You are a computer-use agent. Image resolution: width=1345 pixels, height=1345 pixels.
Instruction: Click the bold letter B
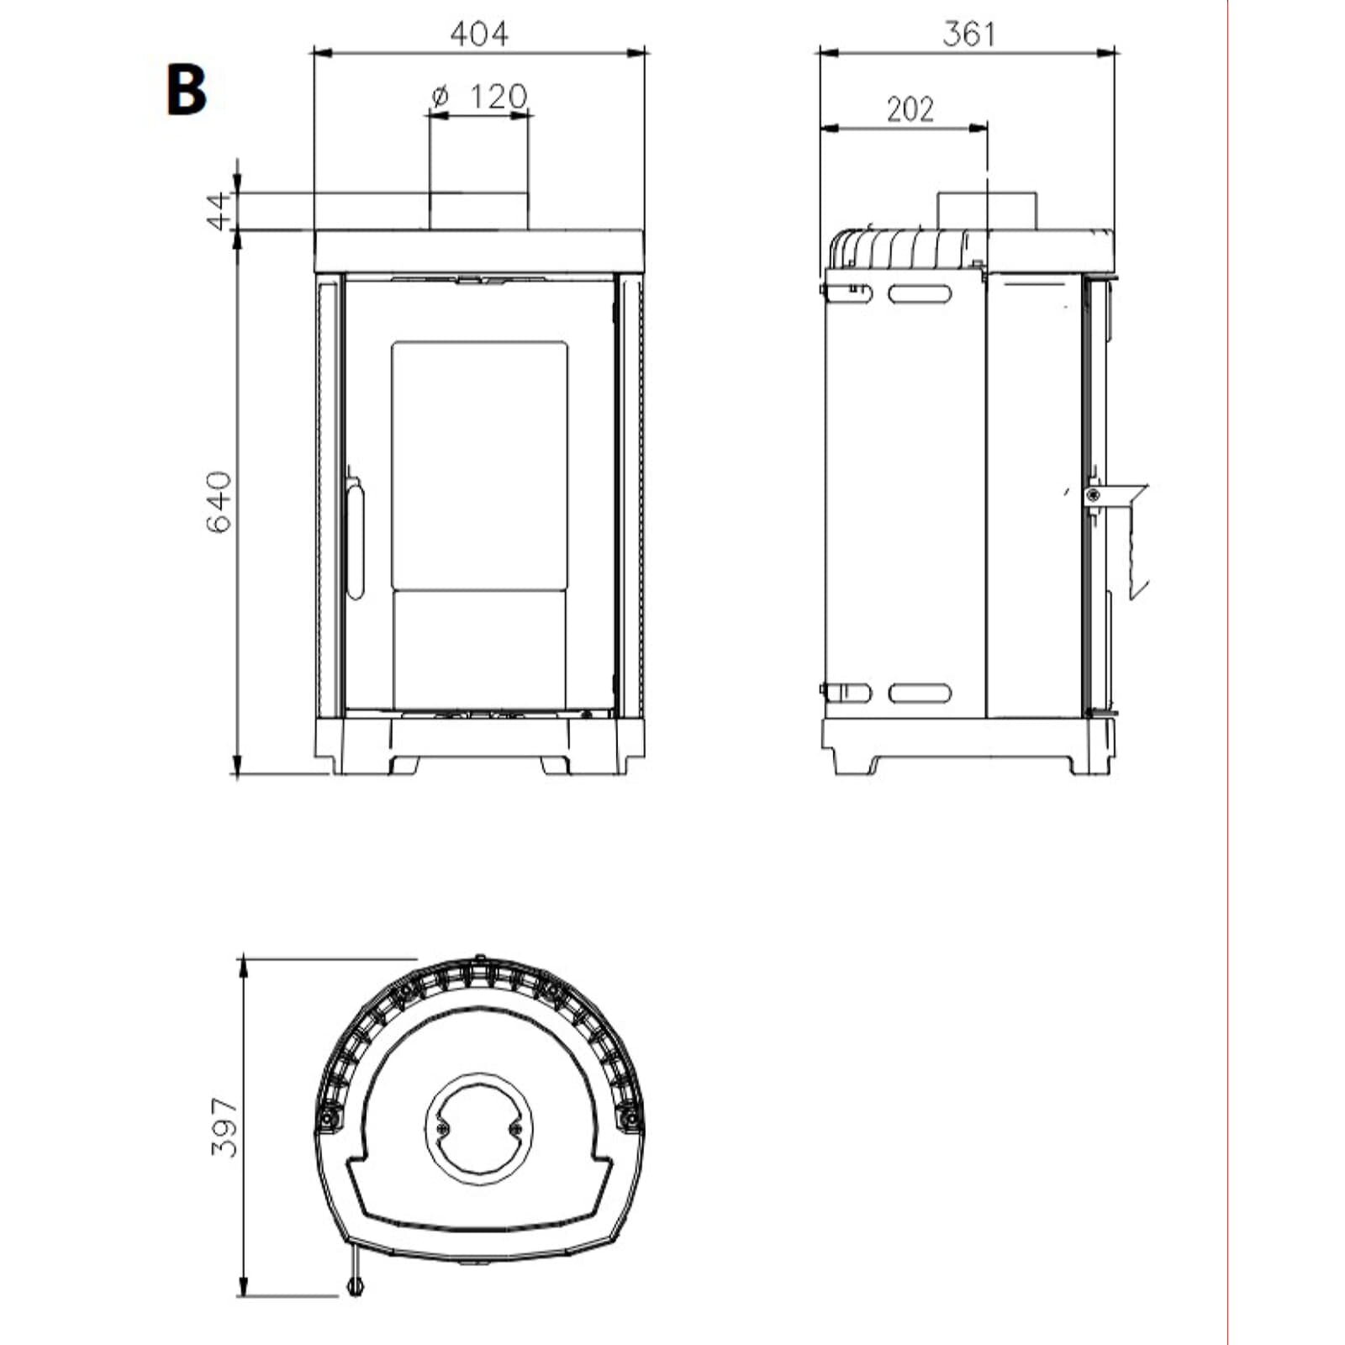pyautogui.click(x=187, y=91)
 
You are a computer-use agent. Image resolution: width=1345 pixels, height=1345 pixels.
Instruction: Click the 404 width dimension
pyautogui.click(x=479, y=34)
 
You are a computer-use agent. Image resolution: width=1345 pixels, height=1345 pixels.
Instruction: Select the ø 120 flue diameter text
pyautogui.click(x=479, y=97)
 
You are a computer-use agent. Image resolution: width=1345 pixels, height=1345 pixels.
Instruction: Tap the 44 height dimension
pyautogui.click(x=219, y=210)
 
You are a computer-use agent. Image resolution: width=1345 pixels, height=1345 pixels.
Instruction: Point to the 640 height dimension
pyautogui.click(x=219, y=502)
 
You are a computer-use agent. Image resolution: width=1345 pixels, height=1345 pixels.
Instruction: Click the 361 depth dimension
pyautogui.click(x=968, y=34)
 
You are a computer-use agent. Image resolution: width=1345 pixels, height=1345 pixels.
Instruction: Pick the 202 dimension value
pyautogui.click(x=910, y=109)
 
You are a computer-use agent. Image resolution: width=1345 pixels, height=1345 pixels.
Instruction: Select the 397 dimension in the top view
pyautogui.click(x=224, y=1127)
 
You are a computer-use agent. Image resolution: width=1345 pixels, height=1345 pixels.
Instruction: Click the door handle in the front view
pyautogui.click(x=356, y=538)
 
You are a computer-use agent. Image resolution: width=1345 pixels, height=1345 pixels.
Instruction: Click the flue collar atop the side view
pyautogui.click(x=987, y=209)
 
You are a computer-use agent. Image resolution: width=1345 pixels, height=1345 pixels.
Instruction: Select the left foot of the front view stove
pyautogui.click(x=403, y=765)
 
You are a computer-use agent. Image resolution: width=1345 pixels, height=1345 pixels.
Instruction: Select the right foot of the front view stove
pyautogui.click(x=556, y=765)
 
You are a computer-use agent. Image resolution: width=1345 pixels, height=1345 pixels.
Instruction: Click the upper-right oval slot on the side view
pyautogui.click(x=920, y=293)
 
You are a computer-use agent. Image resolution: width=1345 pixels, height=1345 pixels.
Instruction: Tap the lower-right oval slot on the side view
pyautogui.click(x=920, y=694)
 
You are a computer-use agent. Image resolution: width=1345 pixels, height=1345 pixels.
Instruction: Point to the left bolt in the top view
pyautogui.click(x=326, y=1119)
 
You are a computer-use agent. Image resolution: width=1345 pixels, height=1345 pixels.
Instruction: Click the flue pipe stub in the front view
pyautogui.click(x=479, y=209)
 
